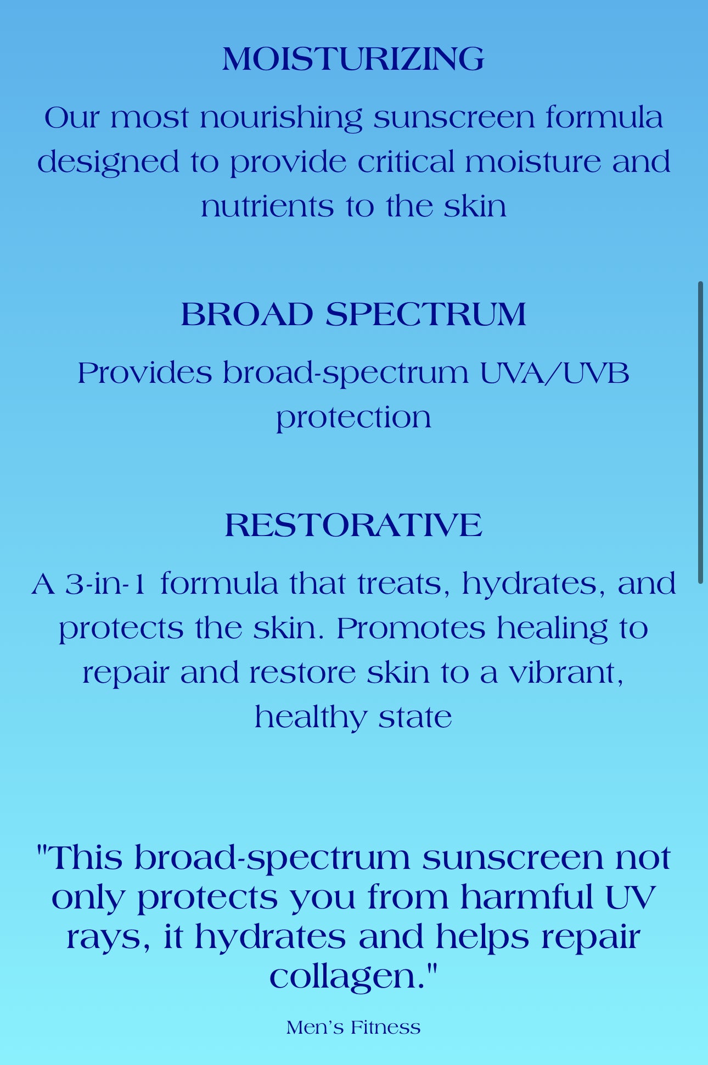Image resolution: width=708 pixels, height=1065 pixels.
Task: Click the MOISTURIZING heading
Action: click(x=353, y=59)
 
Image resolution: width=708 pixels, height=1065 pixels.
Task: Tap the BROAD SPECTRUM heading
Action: click(x=353, y=315)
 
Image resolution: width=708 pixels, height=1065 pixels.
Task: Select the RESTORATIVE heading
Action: click(x=353, y=525)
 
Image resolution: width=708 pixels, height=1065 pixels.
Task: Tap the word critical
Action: click(x=406, y=162)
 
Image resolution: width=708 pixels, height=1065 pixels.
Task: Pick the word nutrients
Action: click(x=267, y=208)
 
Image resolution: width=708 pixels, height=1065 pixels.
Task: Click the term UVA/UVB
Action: click(x=554, y=373)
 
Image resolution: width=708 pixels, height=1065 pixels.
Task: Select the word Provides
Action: click(x=144, y=373)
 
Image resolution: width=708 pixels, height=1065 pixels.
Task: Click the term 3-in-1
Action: click(x=105, y=584)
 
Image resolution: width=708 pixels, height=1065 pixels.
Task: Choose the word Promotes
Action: click(x=411, y=628)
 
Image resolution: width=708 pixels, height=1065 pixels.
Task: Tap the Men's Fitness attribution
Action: click(x=353, y=1028)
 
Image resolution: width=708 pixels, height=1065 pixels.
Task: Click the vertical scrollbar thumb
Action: click(x=700, y=432)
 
